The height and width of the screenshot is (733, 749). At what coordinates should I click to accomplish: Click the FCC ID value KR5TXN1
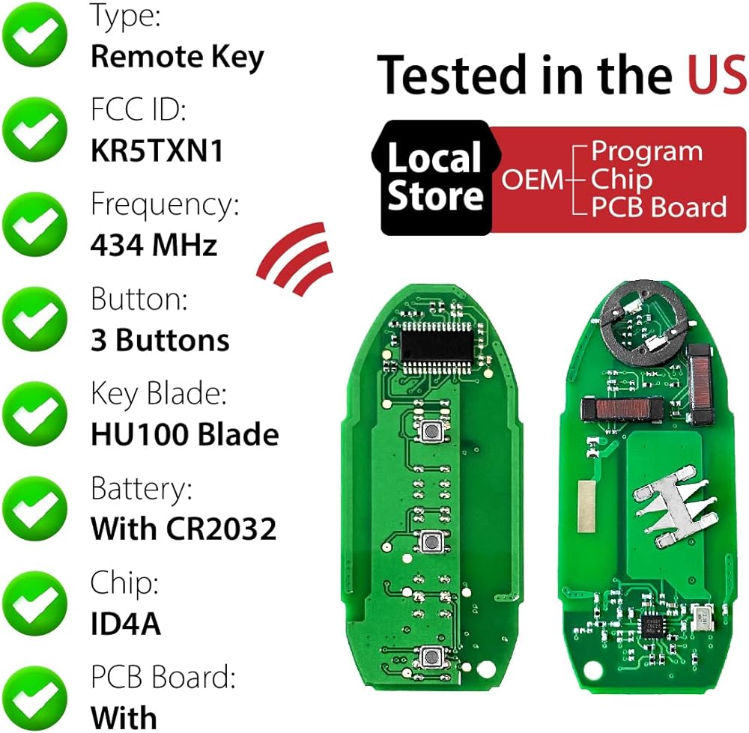coord(157,150)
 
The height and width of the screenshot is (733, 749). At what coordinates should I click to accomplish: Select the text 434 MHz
coord(154,245)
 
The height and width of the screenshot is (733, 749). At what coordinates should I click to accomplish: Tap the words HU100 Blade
coord(185,434)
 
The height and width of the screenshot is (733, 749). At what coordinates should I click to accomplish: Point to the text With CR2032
coord(184,529)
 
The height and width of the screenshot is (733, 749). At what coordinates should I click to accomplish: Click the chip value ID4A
coord(126,624)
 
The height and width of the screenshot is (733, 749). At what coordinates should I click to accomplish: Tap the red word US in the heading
coord(717,75)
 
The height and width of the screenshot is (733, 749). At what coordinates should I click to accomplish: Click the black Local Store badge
coord(434,177)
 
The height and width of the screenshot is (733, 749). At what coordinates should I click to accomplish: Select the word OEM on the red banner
coord(533,180)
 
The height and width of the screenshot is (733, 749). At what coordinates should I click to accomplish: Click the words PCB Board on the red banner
coord(659,207)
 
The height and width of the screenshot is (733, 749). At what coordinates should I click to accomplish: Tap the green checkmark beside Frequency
coord(34,224)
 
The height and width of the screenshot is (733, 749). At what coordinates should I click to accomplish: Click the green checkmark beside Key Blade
coord(34,413)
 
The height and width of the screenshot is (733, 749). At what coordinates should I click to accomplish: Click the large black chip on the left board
coord(437,347)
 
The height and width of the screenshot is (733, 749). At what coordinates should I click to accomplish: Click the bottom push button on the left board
coord(432,657)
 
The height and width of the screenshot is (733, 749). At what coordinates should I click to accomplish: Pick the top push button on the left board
coord(431,431)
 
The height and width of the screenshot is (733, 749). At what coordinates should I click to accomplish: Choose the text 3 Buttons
coord(160,340)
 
